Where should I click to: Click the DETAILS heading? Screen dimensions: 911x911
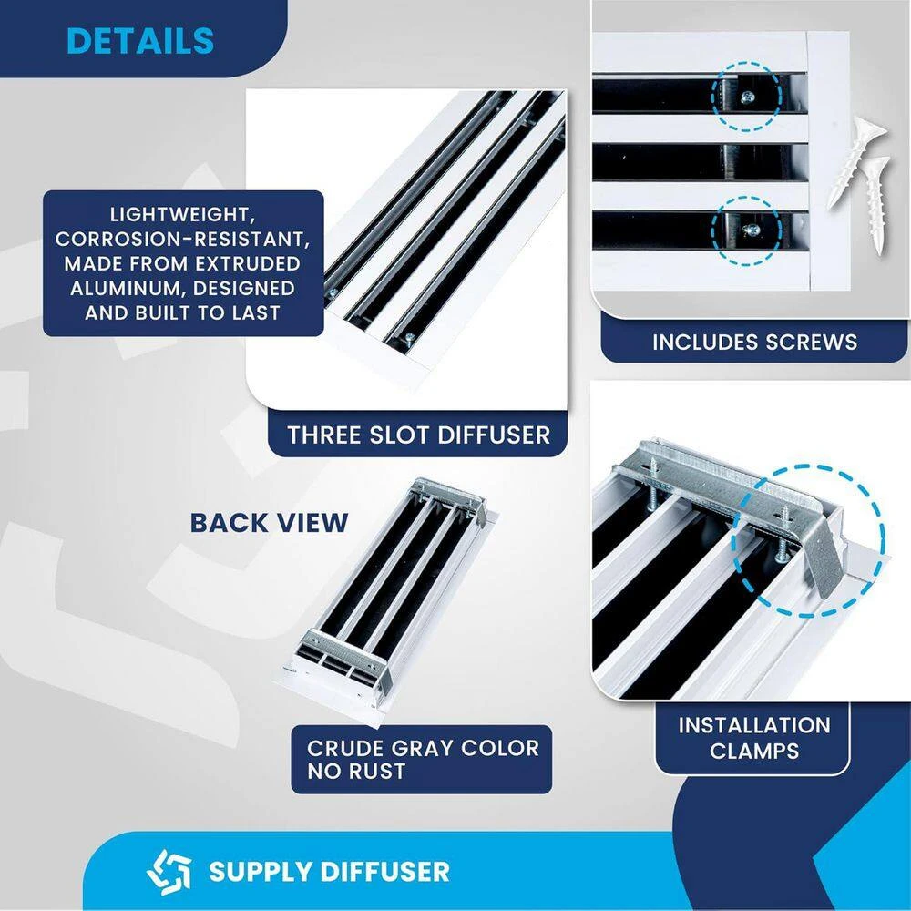click(140, 41)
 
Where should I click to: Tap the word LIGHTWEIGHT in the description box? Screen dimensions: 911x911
click(184, 216)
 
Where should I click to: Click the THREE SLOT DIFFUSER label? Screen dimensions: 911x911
click(418, 435)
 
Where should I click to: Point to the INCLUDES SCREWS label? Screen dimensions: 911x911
click(754, 343)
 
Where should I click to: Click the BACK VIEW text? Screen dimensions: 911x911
click(269, 522)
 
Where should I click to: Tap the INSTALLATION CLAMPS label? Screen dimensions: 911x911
click(754, 738)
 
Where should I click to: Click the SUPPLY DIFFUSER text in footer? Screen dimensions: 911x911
click(329, 871)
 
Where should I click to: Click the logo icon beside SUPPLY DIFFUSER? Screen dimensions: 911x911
click(169, 871)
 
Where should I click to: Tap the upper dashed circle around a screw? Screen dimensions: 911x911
click(745, 96)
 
